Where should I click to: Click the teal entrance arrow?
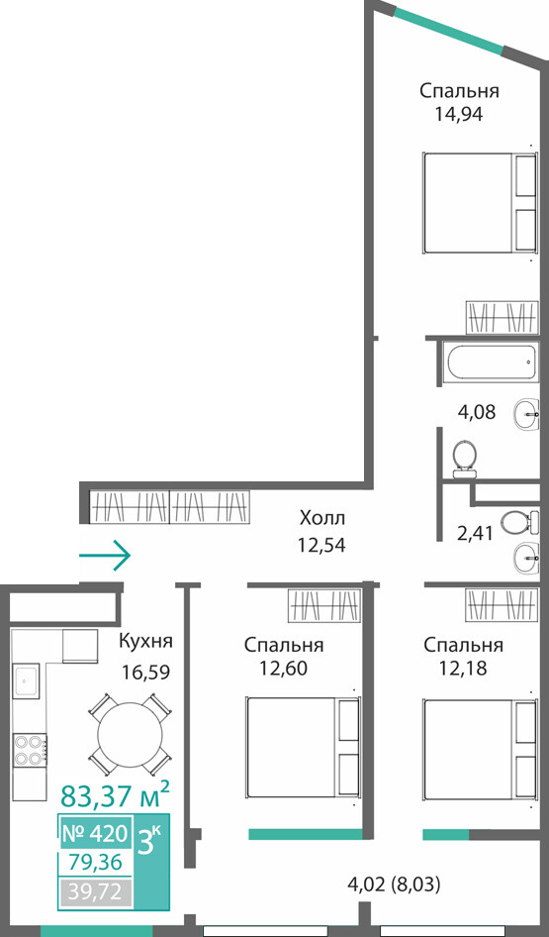tap(105, 555)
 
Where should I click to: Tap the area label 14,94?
tap(459, 114)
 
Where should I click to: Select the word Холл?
tap(322, 517)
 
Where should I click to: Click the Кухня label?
tap(145, 642)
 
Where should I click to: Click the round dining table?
tap(131, 734)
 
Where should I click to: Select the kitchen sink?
tap(26, 680)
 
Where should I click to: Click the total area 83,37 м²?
tap(115, 795)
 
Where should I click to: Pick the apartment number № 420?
tap(95, 832)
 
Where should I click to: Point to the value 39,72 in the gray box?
tap(95, 892)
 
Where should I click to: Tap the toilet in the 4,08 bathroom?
tap(464, 459)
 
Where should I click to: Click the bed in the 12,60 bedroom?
tap(304, 747)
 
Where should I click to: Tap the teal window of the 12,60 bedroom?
tap(306, 834)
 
